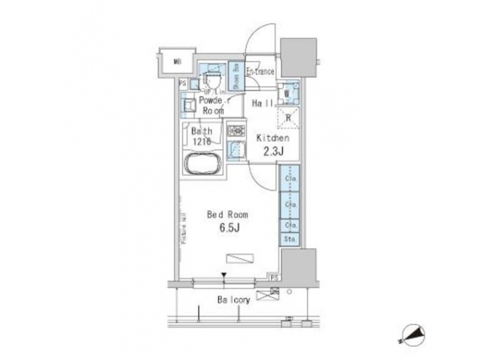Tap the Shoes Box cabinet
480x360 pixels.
coord(236,76)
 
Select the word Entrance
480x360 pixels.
coord(260,71)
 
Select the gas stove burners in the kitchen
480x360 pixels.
coord(235,131)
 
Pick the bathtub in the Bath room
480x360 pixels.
coord(203,164)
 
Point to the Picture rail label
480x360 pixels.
coord(183,227)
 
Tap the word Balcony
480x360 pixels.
coord(233,300)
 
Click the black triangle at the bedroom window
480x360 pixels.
coord(225,275)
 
